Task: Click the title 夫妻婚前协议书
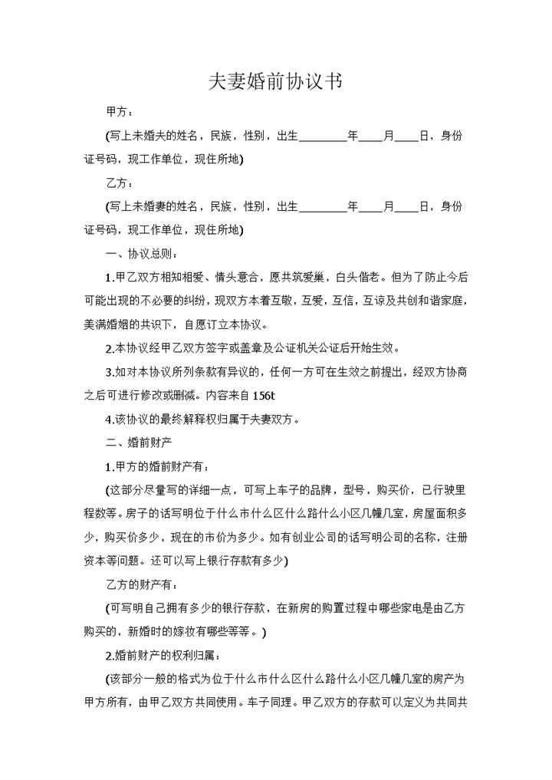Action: (x=275, y=83)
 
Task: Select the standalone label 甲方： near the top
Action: (x=120, y=113)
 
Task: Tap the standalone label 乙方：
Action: (x=120, y=183)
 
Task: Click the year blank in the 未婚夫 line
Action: (x=323, y=137)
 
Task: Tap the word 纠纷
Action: (x=206, y=300)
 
